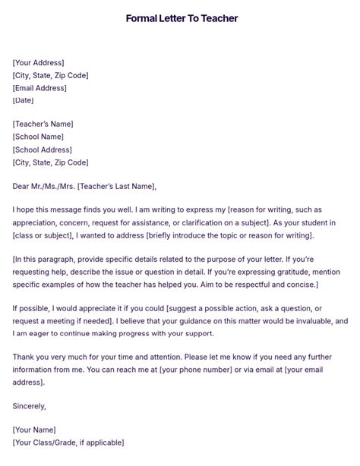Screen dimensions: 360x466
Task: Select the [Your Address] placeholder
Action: tap(39, 62)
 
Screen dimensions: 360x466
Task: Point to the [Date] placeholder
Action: tap(24, 100)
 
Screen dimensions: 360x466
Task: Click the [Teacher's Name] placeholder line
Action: tap(43, 124)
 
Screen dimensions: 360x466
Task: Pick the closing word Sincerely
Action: tap(30, 406)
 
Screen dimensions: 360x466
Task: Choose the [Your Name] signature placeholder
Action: tap(35, 430)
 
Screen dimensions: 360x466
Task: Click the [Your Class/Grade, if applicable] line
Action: tap(68, 442)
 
